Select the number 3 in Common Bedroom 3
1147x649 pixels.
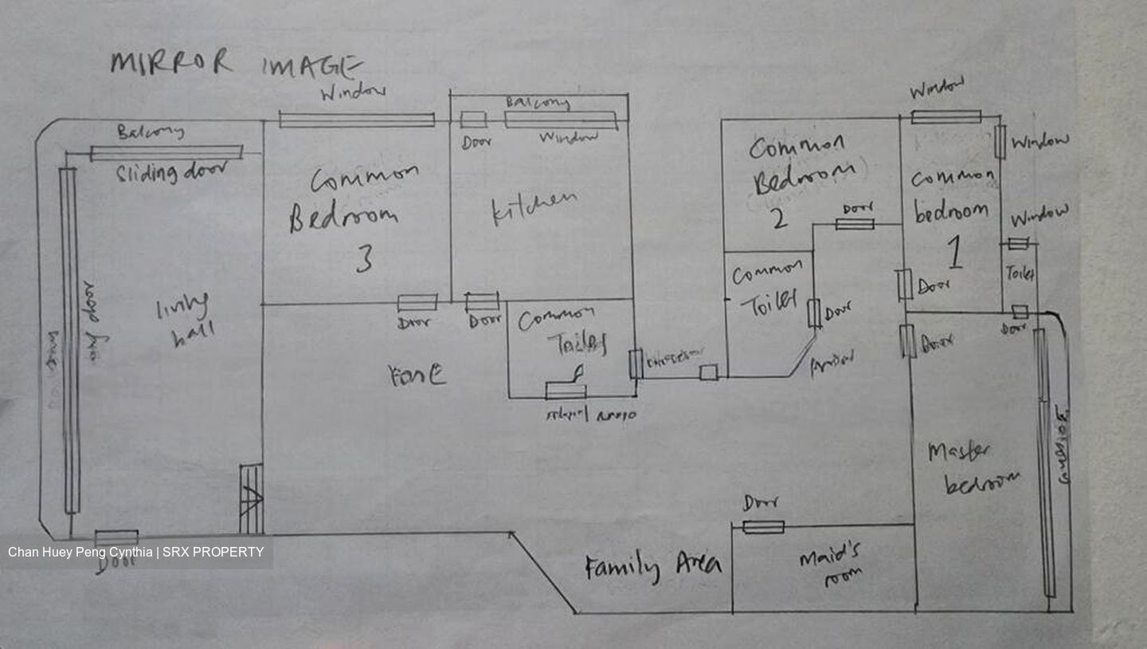click(364, 259)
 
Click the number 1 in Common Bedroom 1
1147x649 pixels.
click(954, 254)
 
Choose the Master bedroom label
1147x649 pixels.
click(973, 468)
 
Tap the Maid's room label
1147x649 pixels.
click(831, 566)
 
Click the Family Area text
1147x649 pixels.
click(653, 567)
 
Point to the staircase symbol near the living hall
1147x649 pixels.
click(252, 499)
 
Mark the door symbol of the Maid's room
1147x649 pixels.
click(763, 527)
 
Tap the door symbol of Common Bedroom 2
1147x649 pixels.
click(855, 224)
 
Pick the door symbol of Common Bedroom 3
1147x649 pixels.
click(417, 302)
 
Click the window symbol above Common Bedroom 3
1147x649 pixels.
click(356, 120)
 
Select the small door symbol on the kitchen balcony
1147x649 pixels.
click(473, 120)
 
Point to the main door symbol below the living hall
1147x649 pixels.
click(116, 538)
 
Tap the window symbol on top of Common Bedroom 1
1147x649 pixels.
click(945, 117)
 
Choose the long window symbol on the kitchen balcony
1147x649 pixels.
click(561, 120)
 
